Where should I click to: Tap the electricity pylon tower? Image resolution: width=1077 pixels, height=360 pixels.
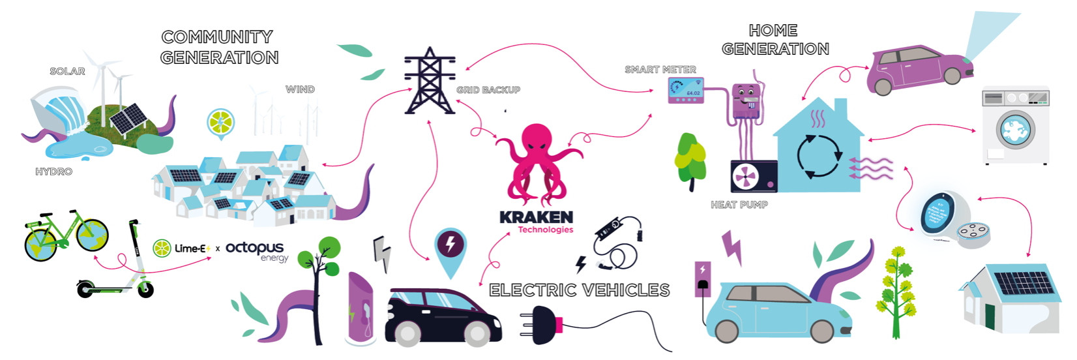429,82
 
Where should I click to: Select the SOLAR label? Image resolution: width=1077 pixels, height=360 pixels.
67,71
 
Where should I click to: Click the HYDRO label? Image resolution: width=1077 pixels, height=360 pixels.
53,172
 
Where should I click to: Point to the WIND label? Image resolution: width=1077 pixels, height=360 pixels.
300,89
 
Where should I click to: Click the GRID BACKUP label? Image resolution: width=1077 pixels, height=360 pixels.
488,90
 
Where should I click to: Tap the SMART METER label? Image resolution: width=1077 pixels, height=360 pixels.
660,69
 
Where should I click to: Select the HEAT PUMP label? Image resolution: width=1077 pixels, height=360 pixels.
739,205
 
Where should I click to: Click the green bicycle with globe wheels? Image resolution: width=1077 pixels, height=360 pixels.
65,235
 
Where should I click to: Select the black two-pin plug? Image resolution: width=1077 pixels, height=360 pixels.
542,323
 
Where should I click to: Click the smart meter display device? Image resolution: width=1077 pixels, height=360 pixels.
686,91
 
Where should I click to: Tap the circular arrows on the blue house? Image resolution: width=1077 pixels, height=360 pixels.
819,156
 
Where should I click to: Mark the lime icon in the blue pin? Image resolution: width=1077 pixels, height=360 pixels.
220,122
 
